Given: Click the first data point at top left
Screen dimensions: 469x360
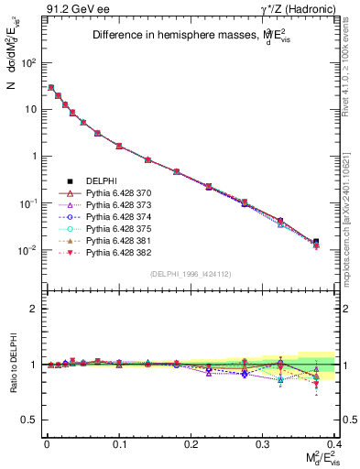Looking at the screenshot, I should tap(50, 88).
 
